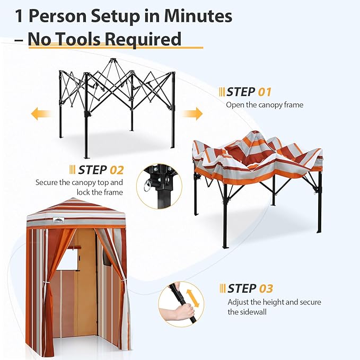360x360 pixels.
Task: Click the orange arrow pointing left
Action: [x=40, y=113]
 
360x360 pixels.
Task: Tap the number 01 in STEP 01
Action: [x=264, y=92]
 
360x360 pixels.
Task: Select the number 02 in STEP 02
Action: [x=116, y=170]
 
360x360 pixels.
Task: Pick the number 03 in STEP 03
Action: [x=266, y=288]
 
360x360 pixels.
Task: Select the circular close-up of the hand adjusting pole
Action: [x=181, y=304]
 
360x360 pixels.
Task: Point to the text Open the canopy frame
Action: [x=265, y=105]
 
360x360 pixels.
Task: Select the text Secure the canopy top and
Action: [x=79, y=182]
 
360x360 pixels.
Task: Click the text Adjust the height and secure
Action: [x=274, y=302]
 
